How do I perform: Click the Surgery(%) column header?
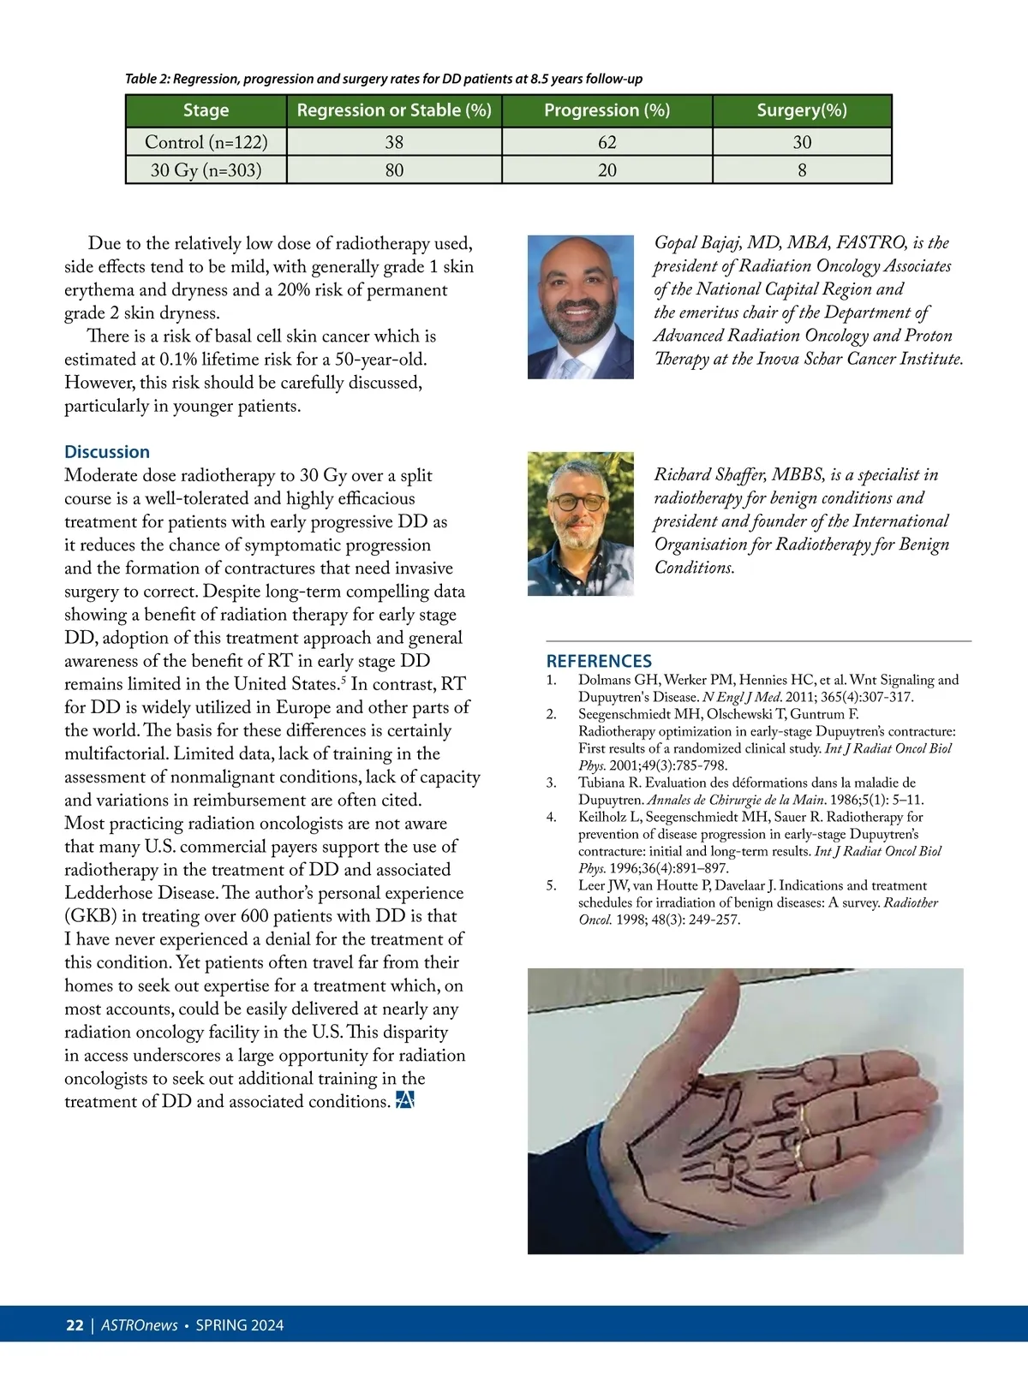click(x=802, y=110)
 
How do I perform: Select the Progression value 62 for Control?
click(x=607, y=142)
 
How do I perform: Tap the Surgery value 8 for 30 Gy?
click(x=802, y=170)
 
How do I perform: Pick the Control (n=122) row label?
click(x=206, y=142)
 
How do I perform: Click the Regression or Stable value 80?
click(x=394, y=170)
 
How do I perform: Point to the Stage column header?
click(x=206, y=110)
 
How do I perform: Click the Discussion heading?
click(x=107, y=452)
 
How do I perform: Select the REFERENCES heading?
click(x=599, y=661)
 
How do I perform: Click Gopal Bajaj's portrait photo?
click(x=580, y=307)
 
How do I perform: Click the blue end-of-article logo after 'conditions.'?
click(x=405, y=1101)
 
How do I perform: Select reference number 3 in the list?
click(x=552, y=783)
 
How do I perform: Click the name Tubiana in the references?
click(x=601, y=783)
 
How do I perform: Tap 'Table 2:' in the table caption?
click(x=147, y=79)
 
